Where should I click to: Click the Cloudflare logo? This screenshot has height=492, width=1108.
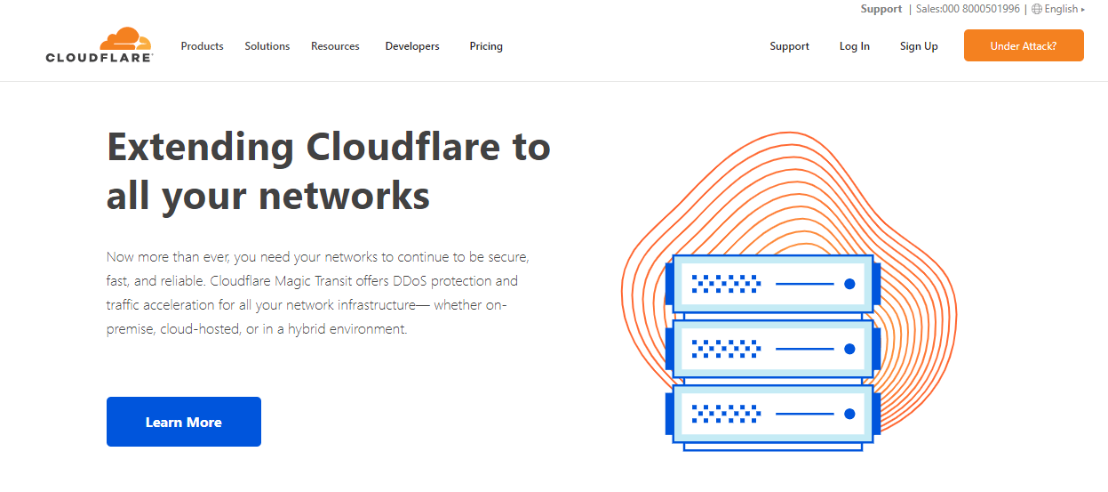pyautogui.click(x=100, y=44)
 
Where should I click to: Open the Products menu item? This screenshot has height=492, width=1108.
pyautogui.click(x=202, y=46)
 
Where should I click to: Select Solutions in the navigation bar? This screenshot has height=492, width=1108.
pyautogui.click(x=267, y=46)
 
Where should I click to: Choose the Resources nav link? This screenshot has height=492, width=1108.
pyautogui.click(x=335, y=46)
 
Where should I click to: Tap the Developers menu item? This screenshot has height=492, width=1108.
pyautogui.click(x=412, y=46)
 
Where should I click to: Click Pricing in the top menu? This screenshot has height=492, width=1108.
pyautogui.click(x=486, y=46)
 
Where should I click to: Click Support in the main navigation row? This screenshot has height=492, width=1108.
pyautogui.click(x=789, y=46)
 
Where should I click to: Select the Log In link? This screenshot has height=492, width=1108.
pyautogui.click(x=854, y=46)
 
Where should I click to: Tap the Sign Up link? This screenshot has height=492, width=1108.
pyautogui.click(x=919, y=46)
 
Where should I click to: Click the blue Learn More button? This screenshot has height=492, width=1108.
pyautogui.click(x=184, y=422)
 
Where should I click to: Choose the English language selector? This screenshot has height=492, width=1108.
pyautogui.click(x=1058, y=9)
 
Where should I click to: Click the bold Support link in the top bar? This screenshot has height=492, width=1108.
pyautogui.click(x=881, y=9)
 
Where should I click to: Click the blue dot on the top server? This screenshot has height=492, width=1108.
pyautogui.click(x=849, y=284)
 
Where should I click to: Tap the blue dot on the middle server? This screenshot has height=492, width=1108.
pyautogui.click(x=849, y=349)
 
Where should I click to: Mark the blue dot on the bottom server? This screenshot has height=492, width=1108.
pyautogui.click(x=849, y=414)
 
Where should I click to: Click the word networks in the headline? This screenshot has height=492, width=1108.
pyautogui.click(x=344, y=196)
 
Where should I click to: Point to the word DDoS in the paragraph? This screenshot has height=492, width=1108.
pyautogui.click(x=410, y=281)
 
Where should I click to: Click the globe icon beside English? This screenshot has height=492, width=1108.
pyautogui.click(x=1037, y=9)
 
